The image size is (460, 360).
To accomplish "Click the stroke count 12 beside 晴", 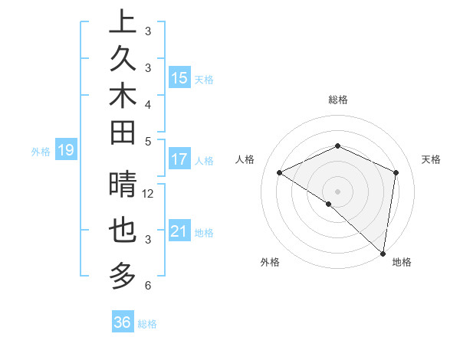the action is click(148, 194).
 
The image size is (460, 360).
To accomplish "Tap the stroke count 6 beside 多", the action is click(147, 286).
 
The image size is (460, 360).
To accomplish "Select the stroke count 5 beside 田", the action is click(147, 140).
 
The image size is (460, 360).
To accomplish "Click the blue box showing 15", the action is click(179, 78).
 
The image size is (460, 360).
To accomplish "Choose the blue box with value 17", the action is click(179, 160).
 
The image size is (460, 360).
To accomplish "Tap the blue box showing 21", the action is click(179, 231).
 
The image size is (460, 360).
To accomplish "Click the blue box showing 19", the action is click(66, 151).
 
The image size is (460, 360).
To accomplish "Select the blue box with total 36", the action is click(123, 322).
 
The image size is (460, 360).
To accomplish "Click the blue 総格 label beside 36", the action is click(147, 324).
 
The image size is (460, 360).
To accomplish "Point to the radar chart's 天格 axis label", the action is click(431, 159).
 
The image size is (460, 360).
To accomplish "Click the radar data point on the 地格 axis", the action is click(383, 254).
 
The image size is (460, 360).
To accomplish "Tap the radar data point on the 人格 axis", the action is click(280, 172).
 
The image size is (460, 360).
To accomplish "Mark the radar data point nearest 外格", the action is click(329, 204).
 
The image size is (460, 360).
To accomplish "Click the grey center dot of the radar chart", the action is click(337, 191).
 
